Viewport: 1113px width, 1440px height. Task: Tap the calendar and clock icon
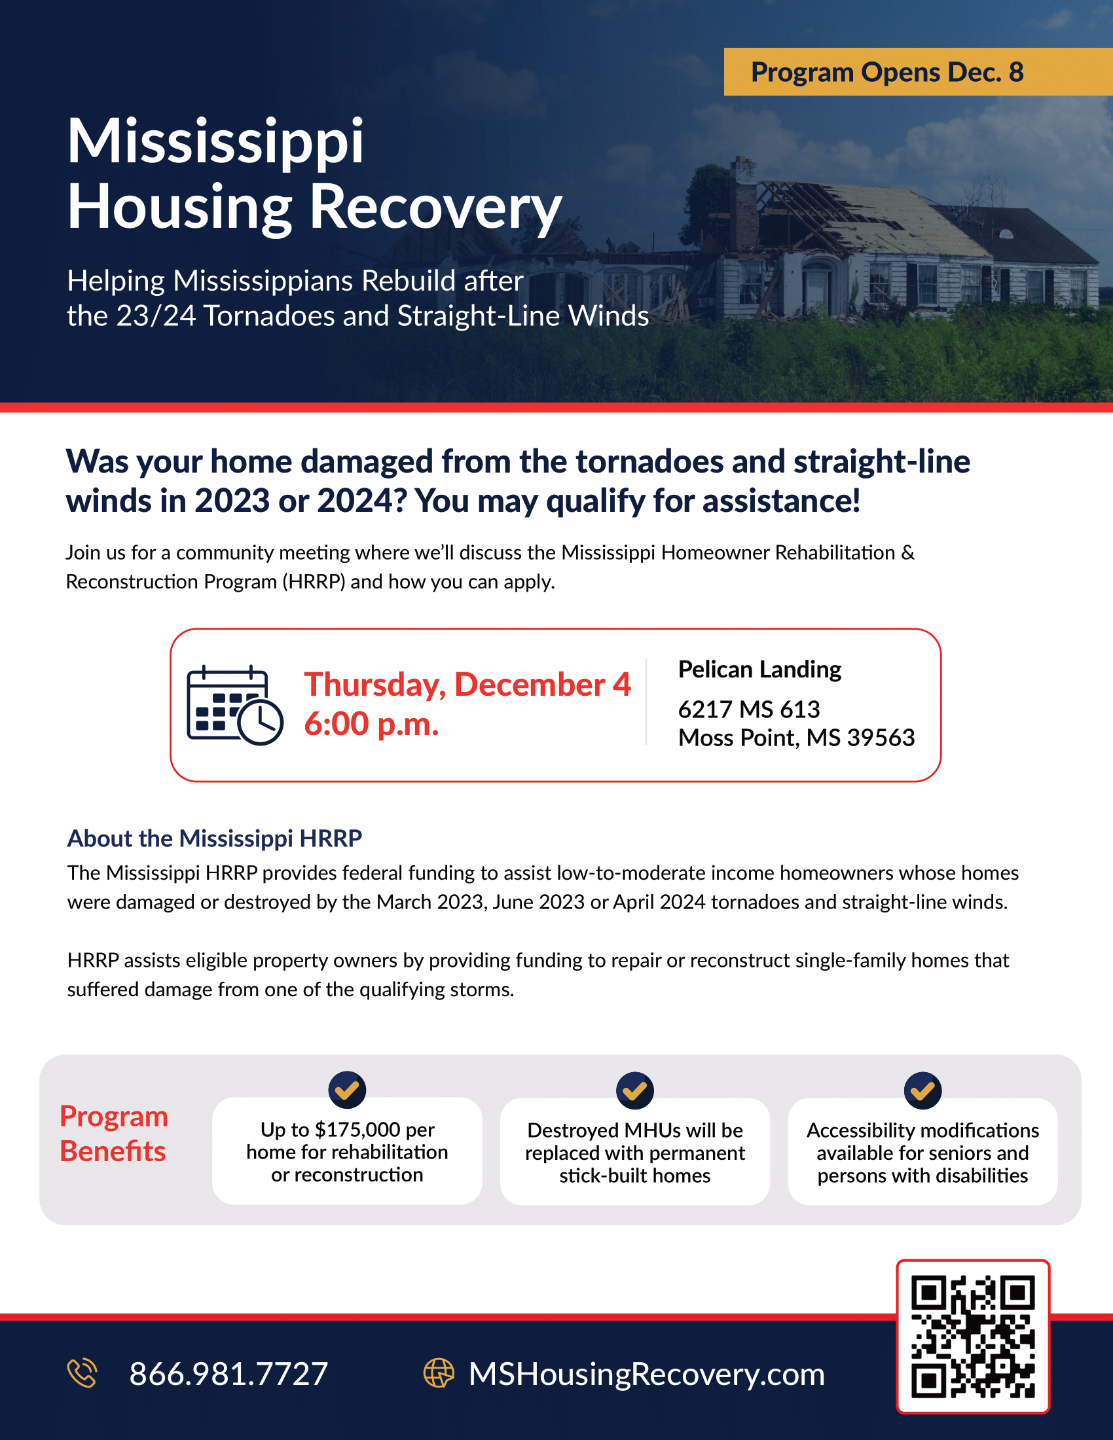(235, 705)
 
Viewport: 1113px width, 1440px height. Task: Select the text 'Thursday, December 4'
(467, 685)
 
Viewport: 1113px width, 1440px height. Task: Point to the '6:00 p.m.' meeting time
(371, 724)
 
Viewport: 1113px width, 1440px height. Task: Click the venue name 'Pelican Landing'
(759, 669)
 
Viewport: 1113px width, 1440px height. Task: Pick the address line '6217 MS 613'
(749, 710)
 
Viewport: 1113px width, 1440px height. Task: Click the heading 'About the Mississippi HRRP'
(215, 838)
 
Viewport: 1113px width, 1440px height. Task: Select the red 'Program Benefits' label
(113, 1134)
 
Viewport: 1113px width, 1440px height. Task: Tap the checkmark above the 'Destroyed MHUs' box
(635, 1090)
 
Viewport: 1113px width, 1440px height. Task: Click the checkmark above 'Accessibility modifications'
(922, 1090)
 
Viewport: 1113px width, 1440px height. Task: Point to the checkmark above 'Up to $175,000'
(348, 1090)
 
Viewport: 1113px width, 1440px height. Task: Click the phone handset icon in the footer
(82, 1373)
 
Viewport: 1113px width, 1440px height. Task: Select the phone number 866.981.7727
(228, 1374)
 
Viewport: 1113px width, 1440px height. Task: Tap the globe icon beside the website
(439, 1373)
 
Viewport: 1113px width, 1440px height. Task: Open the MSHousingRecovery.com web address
(646, 1374)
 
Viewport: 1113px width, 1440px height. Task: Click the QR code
(972, 1337)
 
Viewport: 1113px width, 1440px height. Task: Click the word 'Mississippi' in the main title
(215, 142)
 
